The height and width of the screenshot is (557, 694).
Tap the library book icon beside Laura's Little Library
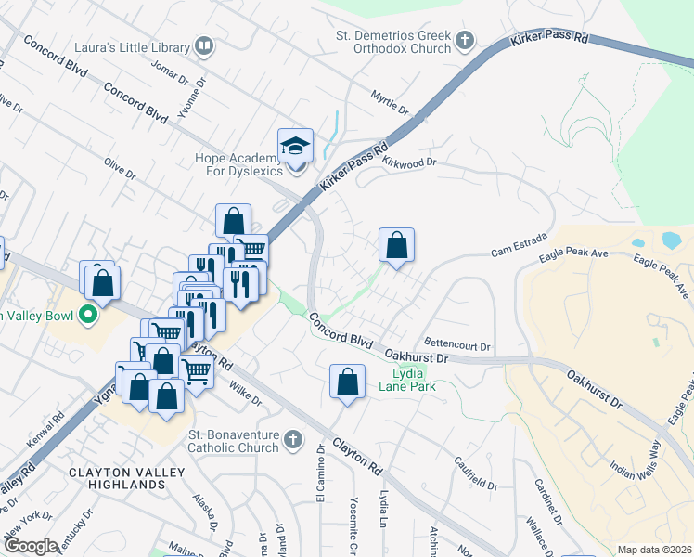coord(204,45)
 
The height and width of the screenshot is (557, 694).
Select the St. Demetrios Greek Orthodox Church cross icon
coord(464,41)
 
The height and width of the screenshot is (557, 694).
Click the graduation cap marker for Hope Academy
coord(296,147)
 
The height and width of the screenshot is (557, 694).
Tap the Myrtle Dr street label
coord(390,104)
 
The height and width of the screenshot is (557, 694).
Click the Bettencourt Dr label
coord(456,346)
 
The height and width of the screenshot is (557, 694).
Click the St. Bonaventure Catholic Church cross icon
coord(293,438)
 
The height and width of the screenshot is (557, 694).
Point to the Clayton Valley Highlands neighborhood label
coord(117,478)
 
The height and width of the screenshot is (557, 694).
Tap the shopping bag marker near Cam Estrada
coord(396,246)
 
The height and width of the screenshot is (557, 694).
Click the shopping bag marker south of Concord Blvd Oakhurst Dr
coord(347,382)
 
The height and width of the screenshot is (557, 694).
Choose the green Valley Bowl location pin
coord(89,316)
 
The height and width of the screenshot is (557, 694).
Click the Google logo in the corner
coord(31,545)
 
